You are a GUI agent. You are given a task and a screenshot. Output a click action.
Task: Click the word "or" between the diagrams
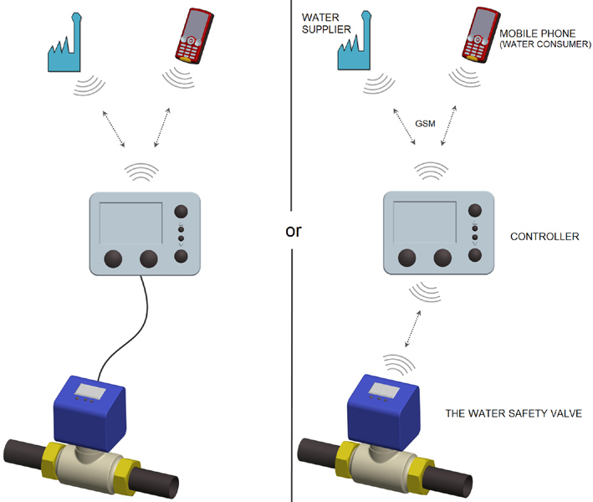coord(294,231)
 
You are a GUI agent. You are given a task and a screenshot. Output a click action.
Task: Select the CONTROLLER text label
coord(544,237)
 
